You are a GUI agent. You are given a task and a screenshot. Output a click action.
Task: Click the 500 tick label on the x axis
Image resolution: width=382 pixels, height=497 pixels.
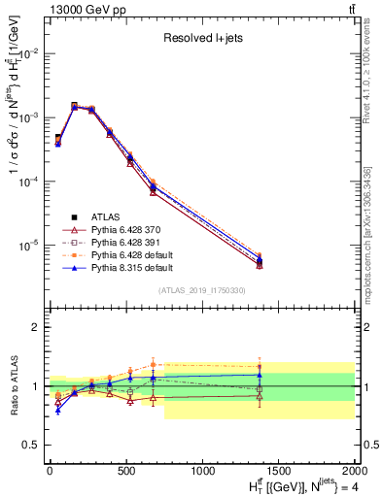[125, 471]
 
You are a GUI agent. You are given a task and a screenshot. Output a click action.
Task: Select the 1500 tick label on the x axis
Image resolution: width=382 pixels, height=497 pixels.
[279, 471]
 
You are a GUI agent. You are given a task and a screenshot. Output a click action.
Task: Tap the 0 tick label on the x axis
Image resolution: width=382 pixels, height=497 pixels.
[50, 471]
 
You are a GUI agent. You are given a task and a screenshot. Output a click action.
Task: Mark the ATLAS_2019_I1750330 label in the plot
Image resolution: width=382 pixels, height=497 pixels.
[201, 289]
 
